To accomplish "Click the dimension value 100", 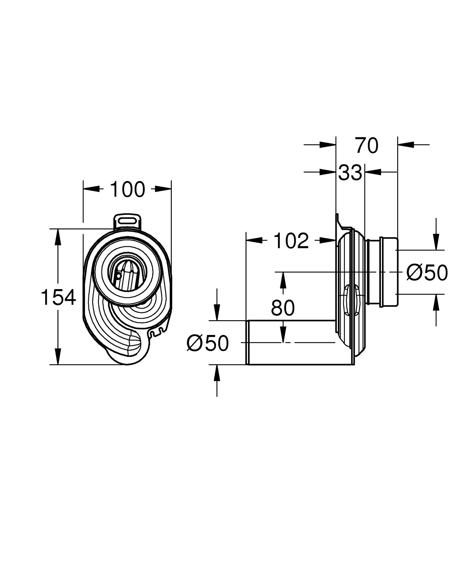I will (x=127, y=189).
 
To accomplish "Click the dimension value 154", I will (x=58, y=297).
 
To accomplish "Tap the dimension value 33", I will (x=350, y=173).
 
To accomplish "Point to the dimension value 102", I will (x=291, y=241).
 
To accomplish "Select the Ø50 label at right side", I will (x=427, y=272).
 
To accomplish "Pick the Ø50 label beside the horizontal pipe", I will (x=208, y=343).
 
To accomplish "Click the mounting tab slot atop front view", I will (x=127, y=220).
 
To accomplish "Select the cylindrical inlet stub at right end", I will (x=389, y=272).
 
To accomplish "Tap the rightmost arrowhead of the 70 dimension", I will (x=405, y=145).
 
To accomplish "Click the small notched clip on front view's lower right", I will (x=157, y=332).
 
